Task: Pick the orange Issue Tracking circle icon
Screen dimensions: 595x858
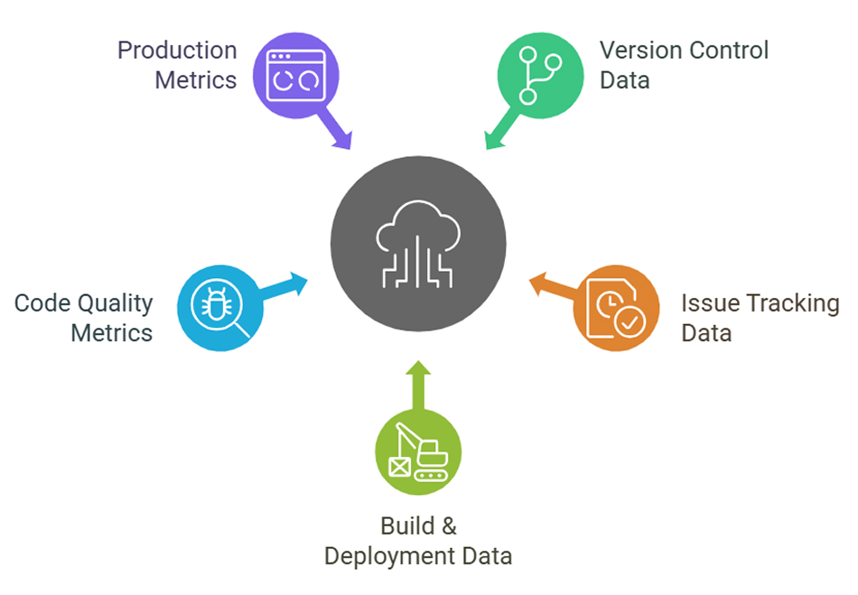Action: (616, 308)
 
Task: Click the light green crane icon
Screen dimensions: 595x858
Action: (418, 451)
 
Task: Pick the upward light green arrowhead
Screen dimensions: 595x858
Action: (417, 371)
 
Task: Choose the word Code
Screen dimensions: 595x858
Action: (42, 303)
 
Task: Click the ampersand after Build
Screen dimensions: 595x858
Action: (448, 525)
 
